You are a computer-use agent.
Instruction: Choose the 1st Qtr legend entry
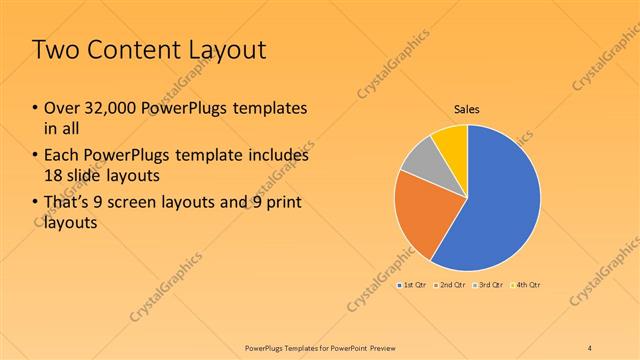pyautogui.click(x=414, y=286)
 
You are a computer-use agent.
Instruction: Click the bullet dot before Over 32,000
pyautogui.click(x=35, y=108)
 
